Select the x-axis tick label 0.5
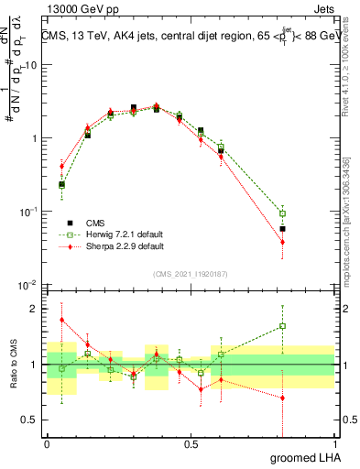191,443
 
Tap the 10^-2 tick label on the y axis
27,285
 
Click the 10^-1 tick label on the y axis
27,212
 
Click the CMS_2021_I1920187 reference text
191,274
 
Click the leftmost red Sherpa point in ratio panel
61,320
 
